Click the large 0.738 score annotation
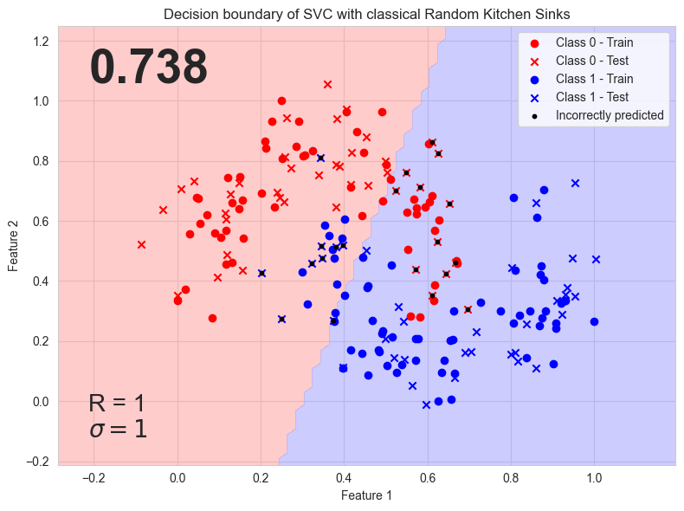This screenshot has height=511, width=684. coord(149,68)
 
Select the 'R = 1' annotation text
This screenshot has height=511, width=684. coord(117,403)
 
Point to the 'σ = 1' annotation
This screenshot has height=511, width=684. coord(118,429)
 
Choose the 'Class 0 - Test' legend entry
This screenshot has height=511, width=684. coord(592,61)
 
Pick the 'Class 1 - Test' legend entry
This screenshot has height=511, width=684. coord(592,97)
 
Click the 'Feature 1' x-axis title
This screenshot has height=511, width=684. coord(365,495)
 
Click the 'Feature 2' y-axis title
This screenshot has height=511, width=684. coord(14,247)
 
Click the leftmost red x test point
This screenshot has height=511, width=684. coord(141,244)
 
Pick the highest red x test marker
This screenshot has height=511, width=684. coord(327,84)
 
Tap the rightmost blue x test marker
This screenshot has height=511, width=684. coord(596,259)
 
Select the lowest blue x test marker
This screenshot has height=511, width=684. coord(426,404)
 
